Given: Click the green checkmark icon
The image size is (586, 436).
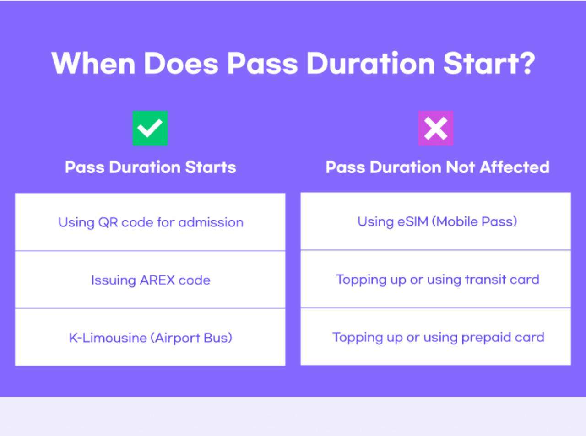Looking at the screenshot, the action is pos(150,128).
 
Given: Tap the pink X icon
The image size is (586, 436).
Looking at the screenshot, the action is pos(436,128).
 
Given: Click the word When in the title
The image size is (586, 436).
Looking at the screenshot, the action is pos(93,64).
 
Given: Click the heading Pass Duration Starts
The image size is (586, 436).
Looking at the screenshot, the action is pos(151,167).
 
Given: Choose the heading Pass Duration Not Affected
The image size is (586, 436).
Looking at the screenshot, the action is pos(438,167).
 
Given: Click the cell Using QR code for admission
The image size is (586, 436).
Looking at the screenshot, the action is pos(150,222).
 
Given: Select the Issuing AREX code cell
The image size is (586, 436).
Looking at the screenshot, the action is pos(150,280).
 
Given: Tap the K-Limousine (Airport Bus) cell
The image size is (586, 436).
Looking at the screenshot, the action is pos(150,337).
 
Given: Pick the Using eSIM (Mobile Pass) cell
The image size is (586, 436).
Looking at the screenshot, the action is pos(436,221).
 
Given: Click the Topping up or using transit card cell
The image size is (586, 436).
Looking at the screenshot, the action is pos(436,279).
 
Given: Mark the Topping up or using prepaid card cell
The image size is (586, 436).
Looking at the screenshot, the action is pos(436,337).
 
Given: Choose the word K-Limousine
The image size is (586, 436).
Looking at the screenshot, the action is pos(108,338).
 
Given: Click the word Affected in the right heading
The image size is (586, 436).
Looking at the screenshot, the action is pos(515,167).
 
